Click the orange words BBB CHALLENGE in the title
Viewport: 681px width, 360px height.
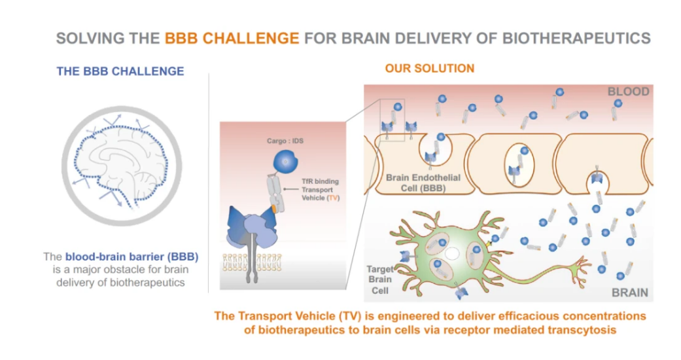pyautogui.click(x=232, y=38)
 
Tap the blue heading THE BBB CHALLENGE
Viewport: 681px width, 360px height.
pyautogui.click(x=120, y=71)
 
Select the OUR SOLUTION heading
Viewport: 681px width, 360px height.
pyautogui.click(x=430, y=68)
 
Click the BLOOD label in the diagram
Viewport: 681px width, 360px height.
pyautogui.click(x=628, y=91)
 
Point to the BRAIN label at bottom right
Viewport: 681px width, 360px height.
pyautogui.click(x=630, y=293)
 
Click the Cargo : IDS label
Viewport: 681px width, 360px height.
pyautogui.click(x=285, y=141)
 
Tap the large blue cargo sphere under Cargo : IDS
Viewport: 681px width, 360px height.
pyautogui.click(x=285, y=162)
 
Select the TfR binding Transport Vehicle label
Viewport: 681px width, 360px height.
pyautogui.click(x=320, y=190)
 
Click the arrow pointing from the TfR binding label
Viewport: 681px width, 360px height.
pyautogui.click(x=291, y=189)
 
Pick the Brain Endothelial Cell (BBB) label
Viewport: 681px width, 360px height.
pyautogui.click(x=423, y=183)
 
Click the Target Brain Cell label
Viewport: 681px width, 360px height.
pyautogui.click(x=380, y=279)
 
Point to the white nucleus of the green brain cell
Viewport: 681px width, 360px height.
pyautogui.click(x=452, y=253)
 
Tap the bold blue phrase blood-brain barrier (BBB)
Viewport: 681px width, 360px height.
pyautogui.click(x=131, y=257)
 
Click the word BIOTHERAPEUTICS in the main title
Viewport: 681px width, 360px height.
pyautogui.click(x=576, y=38)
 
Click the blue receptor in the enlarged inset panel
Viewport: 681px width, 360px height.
pyautogui.click(x=251, y=228)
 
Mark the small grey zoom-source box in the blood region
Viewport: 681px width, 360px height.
pyautogui.click(x=393, y=120)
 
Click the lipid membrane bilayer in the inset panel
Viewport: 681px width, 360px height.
pyautogui.click(x=252, y=262)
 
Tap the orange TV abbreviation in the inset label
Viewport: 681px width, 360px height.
pyautogui.click(x=333, y=198)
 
